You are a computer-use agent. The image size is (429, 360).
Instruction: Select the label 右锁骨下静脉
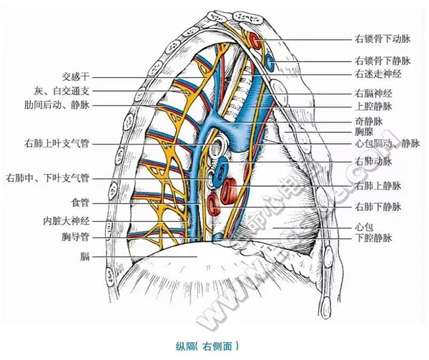[x=384, y=62]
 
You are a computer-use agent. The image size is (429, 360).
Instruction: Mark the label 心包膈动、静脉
[x=389, y=143]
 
